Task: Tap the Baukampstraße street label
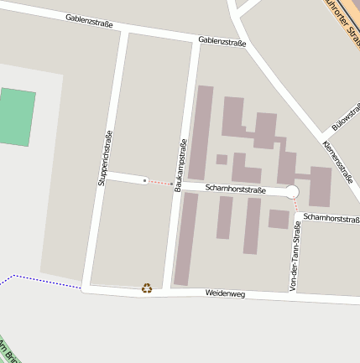coord(179,165)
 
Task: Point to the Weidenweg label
coord(225,294)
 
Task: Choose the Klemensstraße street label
coord(337,161)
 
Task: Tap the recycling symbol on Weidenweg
coord(147,288)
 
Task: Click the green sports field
coord(17,117)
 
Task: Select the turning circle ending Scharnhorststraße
coord(292,192)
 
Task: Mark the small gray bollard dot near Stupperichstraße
coord(145,180)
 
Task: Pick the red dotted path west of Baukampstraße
coord(159,182)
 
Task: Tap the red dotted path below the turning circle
coord(295,205)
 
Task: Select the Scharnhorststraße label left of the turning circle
coord(235,189)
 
